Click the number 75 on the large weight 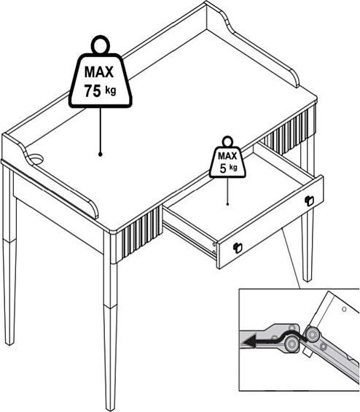pyautogui.click(x=93, y=91)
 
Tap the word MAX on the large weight pyautogui.click(x=99, y=71)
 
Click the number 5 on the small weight pyautogui.click(x=223, y=168)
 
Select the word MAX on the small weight pyautogui.click(x=227, y=156)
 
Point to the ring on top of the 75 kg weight pyautogui.click(x=100, y=44)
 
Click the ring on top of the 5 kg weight pyautogui.click(x=227, y=141)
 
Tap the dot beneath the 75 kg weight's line pyautogui.click(x=100, y=155)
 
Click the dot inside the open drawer pyautogui.click(x=227, y=204)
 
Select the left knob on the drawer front pyautogui.click(x=238, y=247)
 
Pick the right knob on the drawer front pyautogui.click(x=309, y=201)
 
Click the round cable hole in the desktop pyautogui.click(x=36, y=159)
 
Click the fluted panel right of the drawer pyautogui.click(x=288, y=131)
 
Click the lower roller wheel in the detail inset pyautogui.click(x=291, y=343)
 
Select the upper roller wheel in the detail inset pyautogui.click(x=312, y=335)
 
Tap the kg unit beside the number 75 pyautogui.click(x=111, y=91)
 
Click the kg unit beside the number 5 pyautogui.click(x=233, y=168)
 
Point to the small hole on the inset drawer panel pyautogui.click(x=344, y=309)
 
